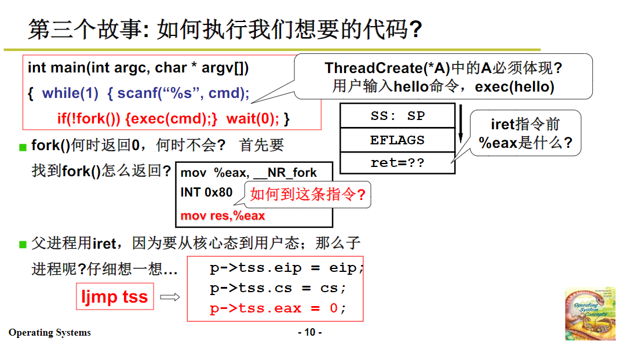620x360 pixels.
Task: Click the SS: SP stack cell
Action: (397, 116)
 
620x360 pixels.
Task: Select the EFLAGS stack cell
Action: (397, 140)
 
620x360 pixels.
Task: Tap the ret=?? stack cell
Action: (397, 163)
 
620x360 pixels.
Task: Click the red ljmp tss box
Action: (115, 297)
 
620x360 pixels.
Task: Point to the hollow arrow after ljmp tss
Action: (170, 297)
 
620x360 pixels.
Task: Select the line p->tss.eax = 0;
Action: (278, 308)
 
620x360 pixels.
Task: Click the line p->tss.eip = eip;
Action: (287, 269)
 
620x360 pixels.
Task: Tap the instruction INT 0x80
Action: (206, 192)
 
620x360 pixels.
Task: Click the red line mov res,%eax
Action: (223, 216)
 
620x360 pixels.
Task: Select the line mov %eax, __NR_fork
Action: (249, 173)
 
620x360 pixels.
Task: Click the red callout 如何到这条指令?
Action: (308, 195)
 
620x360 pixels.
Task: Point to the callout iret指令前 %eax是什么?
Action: (525, 134)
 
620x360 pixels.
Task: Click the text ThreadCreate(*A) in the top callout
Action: (387, 68)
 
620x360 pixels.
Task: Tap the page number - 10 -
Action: (310, 332)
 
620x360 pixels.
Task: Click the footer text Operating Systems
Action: (50, 333)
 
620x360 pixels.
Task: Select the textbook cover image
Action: (590, 313)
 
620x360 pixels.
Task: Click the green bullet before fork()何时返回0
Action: (23, 146)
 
